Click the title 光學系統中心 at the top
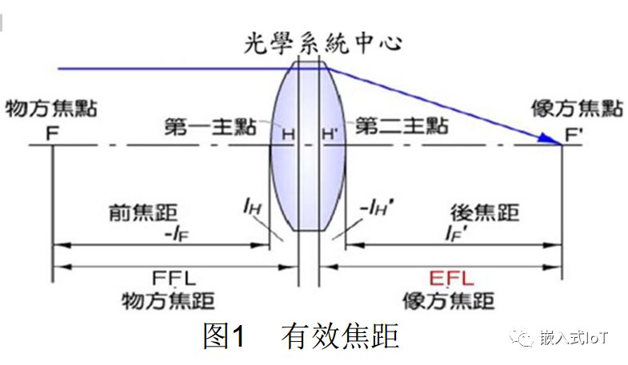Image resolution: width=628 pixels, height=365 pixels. tap(323, 43)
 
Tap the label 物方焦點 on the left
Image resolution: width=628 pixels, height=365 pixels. tap(51, 109)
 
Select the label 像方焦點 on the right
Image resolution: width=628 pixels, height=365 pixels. tap(577, 109)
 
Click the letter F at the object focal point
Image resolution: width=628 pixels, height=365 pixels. tap(53, 133)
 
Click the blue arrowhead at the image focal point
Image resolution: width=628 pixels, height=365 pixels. tap(550, 139)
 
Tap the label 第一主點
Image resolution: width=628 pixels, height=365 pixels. tap(210, 127)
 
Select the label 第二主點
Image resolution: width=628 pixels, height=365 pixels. tap(402, 126)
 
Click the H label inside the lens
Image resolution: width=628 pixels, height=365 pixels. tap(288, 134)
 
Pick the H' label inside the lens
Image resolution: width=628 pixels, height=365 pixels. tap(330, 134)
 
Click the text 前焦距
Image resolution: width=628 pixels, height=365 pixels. tap(143, 212)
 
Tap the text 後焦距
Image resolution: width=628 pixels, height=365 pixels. tap(485, 212)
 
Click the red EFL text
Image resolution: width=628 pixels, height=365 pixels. tap(451, 278)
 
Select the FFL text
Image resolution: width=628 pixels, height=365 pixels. tap(174, 278)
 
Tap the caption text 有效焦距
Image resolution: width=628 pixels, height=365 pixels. tap(340, 336)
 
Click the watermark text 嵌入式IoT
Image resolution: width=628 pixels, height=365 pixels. tap(574, 338)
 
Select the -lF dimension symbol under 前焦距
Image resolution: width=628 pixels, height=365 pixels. tap(177, 233)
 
